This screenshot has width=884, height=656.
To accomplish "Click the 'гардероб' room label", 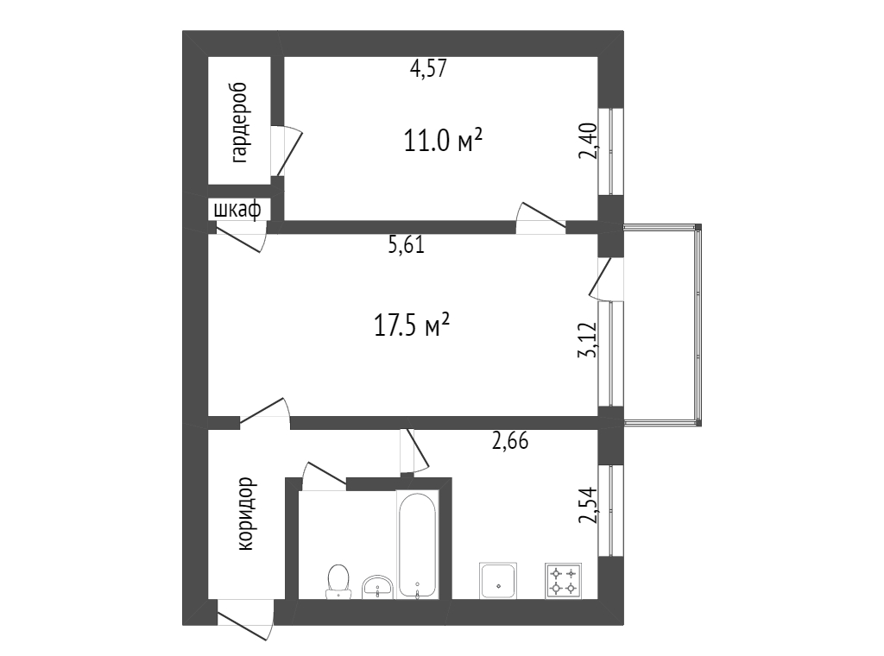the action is (240, 123).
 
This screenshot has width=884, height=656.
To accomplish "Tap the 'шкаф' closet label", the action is (237, 211).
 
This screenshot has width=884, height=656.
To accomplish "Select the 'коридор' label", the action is (246, 514).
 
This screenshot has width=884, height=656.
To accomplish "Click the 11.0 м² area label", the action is (443, 140).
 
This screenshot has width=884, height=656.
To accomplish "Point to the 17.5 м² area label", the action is (412, 325).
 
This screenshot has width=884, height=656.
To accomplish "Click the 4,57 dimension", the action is (428, 69).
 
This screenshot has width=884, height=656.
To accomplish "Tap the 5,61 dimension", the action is (406, 245).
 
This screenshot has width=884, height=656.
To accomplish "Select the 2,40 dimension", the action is (589, 141).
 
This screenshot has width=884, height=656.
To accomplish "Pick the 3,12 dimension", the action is (587, 340).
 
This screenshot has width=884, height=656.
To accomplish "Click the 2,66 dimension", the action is (510, 441).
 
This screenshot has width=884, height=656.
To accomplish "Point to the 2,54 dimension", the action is (589, 505).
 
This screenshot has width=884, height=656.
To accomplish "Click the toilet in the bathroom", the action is (338, 582).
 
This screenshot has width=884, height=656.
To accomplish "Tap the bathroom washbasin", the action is (377, 587).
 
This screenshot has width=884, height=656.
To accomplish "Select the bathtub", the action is (417, 545).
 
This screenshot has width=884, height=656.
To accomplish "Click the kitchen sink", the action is (498, 581).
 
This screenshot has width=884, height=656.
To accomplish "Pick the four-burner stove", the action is (563, 581).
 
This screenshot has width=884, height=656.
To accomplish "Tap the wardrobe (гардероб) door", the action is (288, 150).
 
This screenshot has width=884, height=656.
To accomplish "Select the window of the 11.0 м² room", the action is (611, 151).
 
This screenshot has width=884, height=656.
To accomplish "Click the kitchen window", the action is (611, 511).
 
